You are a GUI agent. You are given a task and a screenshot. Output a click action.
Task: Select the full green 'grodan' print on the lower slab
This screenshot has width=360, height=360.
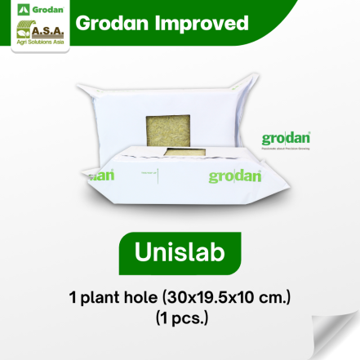(x=234, y=176)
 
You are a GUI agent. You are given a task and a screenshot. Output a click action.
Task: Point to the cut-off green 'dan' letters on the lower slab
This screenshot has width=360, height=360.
(x=101, y=175)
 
